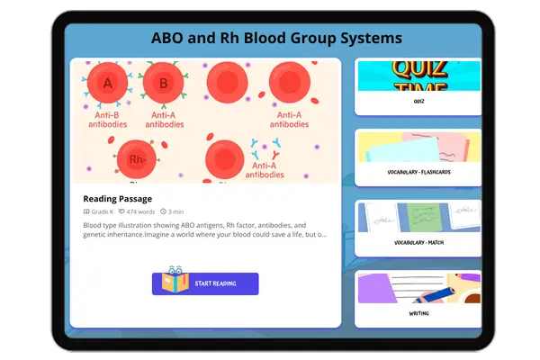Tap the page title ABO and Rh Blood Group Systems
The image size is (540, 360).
(276, 38)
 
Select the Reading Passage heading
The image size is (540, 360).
(118, 199)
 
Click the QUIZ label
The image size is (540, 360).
(419, 102)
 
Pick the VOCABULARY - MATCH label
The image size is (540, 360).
(419, 242)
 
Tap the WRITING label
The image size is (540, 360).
(419, 313)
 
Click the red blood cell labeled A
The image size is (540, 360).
(108, 84)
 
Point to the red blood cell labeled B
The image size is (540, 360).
(163, 84)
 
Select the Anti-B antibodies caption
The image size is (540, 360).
(108, 120)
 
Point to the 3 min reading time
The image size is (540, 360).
(174, 211)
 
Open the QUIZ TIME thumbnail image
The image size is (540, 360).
(419, 76)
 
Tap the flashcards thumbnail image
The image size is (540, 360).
(419, 146)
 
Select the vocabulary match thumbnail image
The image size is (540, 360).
(419, 217)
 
